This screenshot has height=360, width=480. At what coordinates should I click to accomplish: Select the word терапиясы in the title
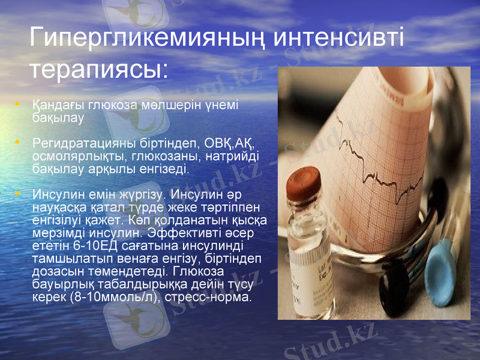pyautogui.click(x=96, y=68)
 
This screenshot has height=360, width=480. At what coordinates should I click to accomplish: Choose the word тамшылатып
pyautogui.click(x=68, y=259)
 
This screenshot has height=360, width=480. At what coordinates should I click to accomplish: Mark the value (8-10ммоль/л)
pyautogui.click(x=107, y=297)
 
